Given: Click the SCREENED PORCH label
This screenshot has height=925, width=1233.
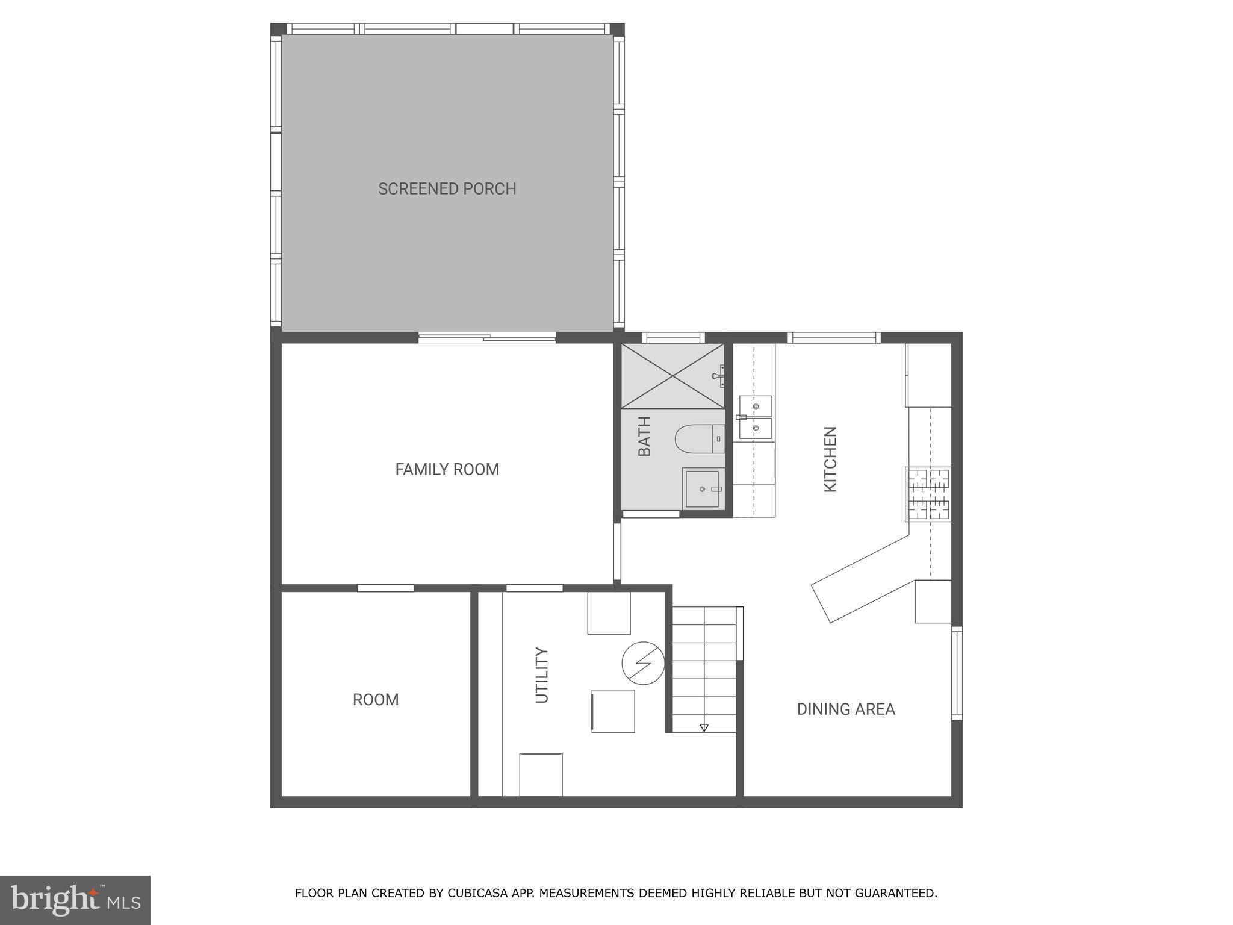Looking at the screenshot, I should pos(447,188).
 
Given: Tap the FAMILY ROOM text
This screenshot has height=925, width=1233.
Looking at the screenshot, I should pos(447,469).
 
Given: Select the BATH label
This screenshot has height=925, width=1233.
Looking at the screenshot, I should pos(644,436).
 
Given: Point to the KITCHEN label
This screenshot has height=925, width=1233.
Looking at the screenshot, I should pos(830,459).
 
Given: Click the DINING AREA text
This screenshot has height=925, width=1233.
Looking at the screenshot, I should pos(845,709).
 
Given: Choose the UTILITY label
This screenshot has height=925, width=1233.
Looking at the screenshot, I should pos(542,675).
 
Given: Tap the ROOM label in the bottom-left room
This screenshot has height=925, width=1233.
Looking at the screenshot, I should pos(375,700).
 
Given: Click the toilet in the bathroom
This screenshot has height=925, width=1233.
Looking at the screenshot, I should pos(698,439).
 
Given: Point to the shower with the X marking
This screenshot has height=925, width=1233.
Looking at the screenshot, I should pos(672,376).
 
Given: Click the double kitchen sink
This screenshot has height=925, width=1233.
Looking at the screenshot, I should pos(755,417).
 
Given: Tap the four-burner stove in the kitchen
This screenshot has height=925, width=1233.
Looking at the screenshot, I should pos(928,494).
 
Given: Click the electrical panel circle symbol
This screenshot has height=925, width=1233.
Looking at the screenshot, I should pos(643,663).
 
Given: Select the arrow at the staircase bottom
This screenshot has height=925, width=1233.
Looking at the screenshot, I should pos(704,727).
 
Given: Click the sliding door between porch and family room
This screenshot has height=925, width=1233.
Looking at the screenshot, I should pos(486,338).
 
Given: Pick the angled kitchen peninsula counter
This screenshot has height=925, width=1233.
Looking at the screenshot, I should pos(861,578).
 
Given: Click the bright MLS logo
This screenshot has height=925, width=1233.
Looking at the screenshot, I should pos(75,900).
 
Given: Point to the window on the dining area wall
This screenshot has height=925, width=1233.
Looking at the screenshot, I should pos(956,673).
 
